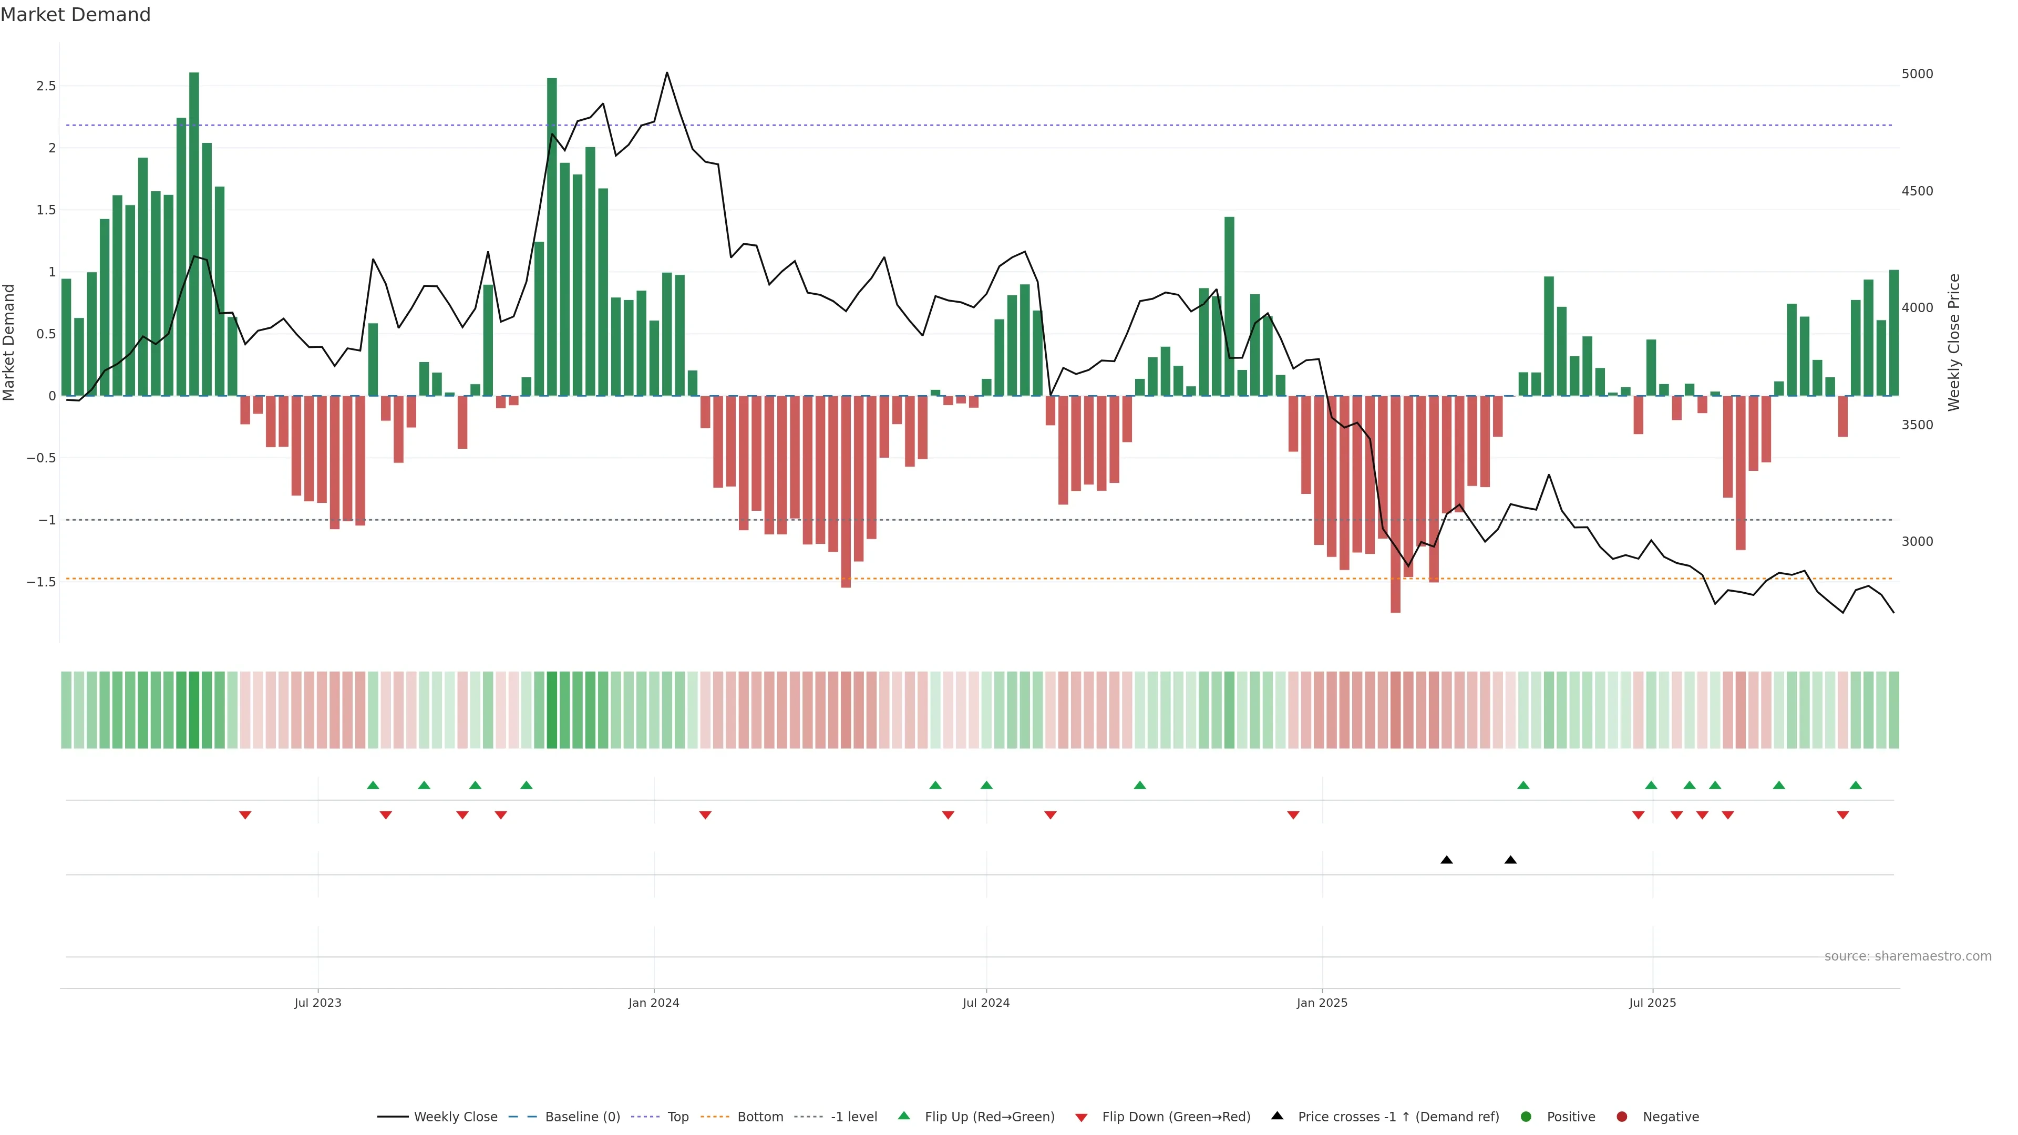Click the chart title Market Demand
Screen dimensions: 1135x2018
(x=75, y=15)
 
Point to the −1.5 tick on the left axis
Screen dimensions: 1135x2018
(x=42, y=582)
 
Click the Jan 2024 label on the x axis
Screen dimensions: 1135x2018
(x=653, y=1003)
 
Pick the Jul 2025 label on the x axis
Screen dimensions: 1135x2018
(x=1652, y=1003)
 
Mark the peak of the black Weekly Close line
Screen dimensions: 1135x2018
(x=667, y=73)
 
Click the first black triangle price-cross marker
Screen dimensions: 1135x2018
(x=1446, y=860)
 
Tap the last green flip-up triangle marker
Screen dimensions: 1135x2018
(x=1855, y=785)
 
